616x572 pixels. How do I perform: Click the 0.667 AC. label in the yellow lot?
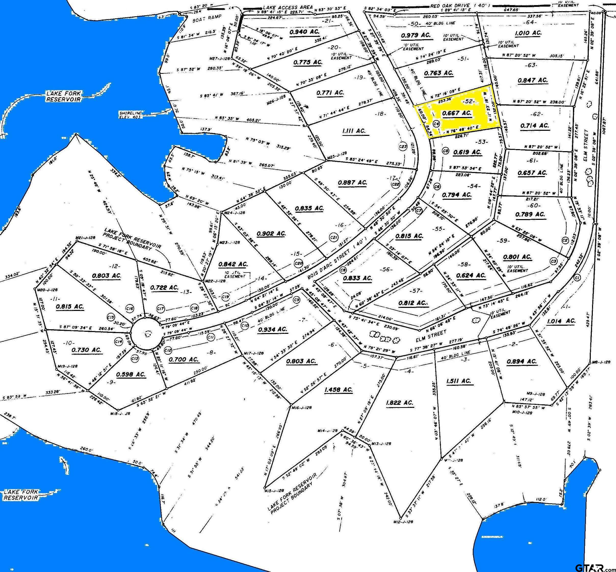(x=457, y=113)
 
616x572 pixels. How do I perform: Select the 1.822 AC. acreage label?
(x=399, y=403)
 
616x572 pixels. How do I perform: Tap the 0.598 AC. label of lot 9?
(x=131, y=374)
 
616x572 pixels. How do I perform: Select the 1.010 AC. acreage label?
(x=528, y=33)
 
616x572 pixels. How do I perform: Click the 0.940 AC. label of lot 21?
(x=305, y=32)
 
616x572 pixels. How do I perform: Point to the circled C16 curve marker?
(x=130, y=308)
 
